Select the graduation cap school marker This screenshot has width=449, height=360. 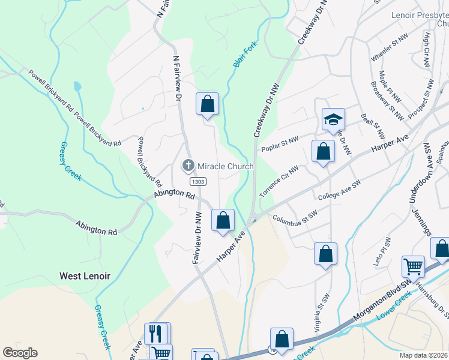[x=333, y=119]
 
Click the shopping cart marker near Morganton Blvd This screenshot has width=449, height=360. [x=413, y=266]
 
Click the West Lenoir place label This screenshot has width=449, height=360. [x=84, y=276]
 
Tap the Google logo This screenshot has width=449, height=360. [x=20, y=353]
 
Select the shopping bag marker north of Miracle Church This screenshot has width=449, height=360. [x=207, y=104]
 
